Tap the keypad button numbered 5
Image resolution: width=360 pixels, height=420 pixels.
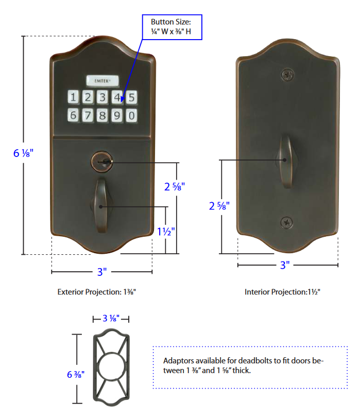[132, 97]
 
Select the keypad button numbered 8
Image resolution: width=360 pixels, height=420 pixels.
[102, 115]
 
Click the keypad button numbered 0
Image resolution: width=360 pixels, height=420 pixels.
[132, 115]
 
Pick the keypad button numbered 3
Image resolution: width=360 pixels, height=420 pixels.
[102, 97]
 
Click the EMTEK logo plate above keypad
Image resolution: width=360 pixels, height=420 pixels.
[102, 80]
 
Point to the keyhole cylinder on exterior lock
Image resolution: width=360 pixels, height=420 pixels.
[102, 162]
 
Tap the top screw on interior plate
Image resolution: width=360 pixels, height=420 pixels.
[287, 75]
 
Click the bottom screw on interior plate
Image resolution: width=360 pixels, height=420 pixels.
[287, 222]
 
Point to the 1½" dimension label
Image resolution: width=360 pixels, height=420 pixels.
[166, 232]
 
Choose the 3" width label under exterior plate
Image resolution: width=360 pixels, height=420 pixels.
[101, 271]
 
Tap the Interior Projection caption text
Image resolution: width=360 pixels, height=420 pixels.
[282, 292]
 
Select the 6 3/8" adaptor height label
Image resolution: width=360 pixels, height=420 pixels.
[75, 374]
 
